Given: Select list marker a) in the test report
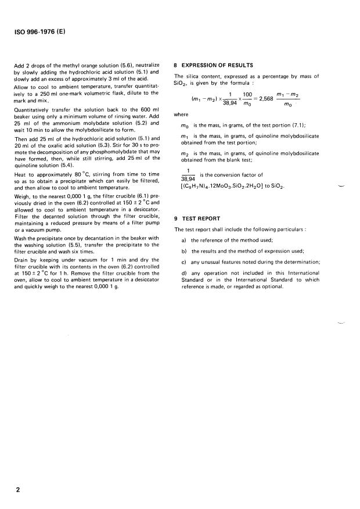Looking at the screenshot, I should (x=184, y=240).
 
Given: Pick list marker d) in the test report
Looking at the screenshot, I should (x=184, y=273).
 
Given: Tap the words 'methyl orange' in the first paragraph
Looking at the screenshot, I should (x=81, y=65).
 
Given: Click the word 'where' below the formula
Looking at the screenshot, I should (x=182, y=114).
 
